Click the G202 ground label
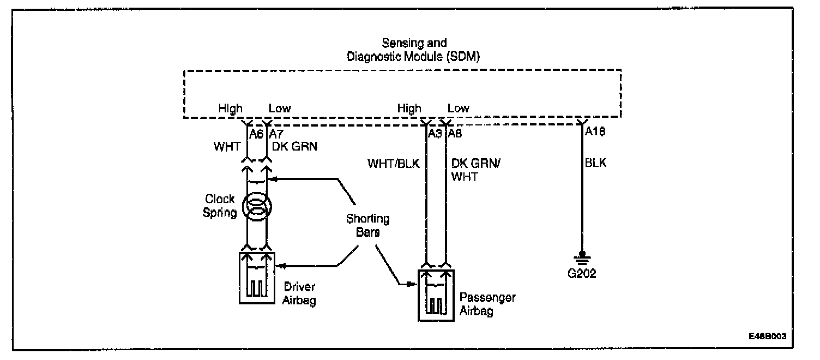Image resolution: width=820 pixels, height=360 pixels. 582,274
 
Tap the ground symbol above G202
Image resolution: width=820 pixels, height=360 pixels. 582,257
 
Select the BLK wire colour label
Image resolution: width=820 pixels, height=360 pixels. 595,162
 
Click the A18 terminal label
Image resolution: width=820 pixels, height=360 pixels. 595,131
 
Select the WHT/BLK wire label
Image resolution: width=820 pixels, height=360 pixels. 394,162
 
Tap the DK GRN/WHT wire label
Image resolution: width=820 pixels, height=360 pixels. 473,170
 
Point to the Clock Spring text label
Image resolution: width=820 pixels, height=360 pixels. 220,206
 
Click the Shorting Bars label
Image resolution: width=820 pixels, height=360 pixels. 369,225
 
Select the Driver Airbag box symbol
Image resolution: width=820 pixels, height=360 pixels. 257,278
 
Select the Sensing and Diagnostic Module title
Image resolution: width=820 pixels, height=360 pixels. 413,50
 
